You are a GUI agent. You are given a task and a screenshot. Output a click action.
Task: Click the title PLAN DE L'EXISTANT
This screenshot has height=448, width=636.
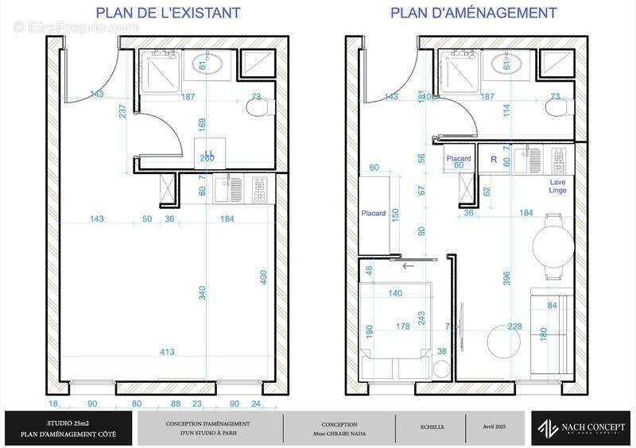pos(168,14)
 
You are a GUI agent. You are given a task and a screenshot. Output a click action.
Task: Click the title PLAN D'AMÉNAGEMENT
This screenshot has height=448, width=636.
pos(473,14)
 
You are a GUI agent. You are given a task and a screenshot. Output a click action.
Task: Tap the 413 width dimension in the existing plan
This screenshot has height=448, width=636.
pos(168,351)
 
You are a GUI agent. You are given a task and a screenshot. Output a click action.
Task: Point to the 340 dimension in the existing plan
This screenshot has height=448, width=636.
pos(202,292)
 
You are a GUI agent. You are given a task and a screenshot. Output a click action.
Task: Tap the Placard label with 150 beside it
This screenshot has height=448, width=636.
pos(373,213)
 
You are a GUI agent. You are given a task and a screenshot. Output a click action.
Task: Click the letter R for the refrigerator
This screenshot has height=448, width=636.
pos(494,159)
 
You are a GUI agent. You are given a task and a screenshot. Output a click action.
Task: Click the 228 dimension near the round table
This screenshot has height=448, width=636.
pos(515,327)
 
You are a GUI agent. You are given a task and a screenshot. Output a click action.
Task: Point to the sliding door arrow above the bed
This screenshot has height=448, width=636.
pos(408,266)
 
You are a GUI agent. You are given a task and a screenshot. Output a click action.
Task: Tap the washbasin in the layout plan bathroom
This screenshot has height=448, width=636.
pos(506,64)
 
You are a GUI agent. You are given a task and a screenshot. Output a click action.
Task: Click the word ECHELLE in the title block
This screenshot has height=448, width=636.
pos(433,427)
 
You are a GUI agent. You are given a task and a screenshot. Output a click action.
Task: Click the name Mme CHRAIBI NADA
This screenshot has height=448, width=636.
pos(339,433)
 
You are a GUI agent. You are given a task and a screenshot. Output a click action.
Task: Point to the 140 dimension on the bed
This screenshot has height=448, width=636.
pos(395,293)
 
